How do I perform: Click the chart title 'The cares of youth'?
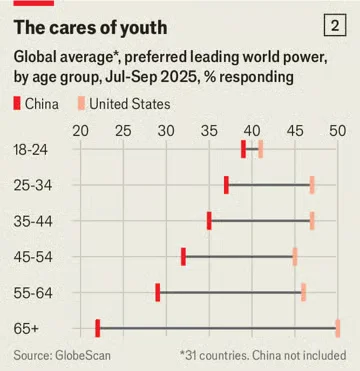[90, 26]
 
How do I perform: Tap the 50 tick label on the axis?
[338, 130]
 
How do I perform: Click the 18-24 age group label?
[32, 149]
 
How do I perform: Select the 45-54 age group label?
[32, 257]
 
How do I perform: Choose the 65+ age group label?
[27, 328]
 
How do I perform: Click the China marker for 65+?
[97, 328]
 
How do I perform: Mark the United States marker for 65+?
[338, 328]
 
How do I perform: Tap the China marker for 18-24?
[243, 149]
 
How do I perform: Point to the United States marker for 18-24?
[260, 149]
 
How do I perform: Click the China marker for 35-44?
[209, 221]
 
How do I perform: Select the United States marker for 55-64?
[303, 292]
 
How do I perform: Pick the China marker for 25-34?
[226, 185]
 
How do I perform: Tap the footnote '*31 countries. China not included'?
[263, 355]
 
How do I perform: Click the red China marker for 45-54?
[183, 257]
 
